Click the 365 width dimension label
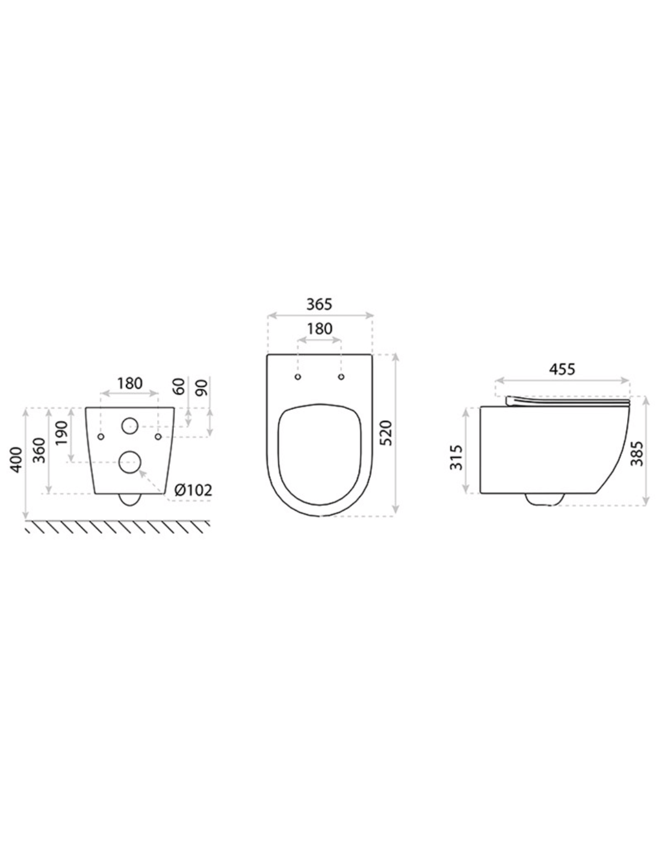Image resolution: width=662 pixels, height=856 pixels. [320, 304]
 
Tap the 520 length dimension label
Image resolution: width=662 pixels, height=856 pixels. [388, 433]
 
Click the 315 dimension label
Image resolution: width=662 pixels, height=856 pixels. [456, 457]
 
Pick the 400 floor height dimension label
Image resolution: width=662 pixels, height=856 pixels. [16, 459]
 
